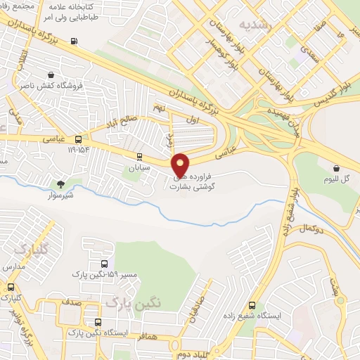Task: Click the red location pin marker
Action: (181, 165)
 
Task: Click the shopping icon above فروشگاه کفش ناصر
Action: (51, 75)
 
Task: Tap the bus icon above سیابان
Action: (139, 157)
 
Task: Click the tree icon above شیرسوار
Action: (61, 184)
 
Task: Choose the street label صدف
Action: (72, 302)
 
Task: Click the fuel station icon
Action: (74, 40)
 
